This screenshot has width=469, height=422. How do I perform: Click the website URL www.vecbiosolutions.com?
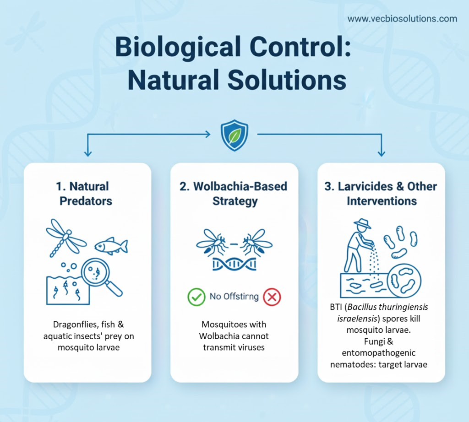(x=402, y=19)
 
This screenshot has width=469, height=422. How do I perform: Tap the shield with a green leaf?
(x=234, y=135)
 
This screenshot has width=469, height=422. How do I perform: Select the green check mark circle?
(x=196, y=297)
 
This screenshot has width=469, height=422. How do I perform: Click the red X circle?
(x=272, y=297)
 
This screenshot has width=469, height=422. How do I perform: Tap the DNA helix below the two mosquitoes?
(x=234, y=264)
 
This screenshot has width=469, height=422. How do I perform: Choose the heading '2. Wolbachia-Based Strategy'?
(x=234, y=194)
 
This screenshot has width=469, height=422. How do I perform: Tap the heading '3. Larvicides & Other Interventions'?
(x=381, y=194)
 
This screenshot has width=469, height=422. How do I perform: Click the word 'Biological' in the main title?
(x=178, y=48)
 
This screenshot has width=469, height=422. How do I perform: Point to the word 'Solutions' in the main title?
(x=287, y=80)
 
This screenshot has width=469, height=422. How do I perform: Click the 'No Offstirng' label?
(x=234, y=297)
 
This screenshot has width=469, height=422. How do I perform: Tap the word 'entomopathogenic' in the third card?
(x=379, y=353)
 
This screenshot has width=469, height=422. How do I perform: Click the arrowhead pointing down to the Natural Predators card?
(x=87, y=153)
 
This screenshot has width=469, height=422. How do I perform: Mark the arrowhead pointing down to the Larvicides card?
(x=382, y=153)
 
